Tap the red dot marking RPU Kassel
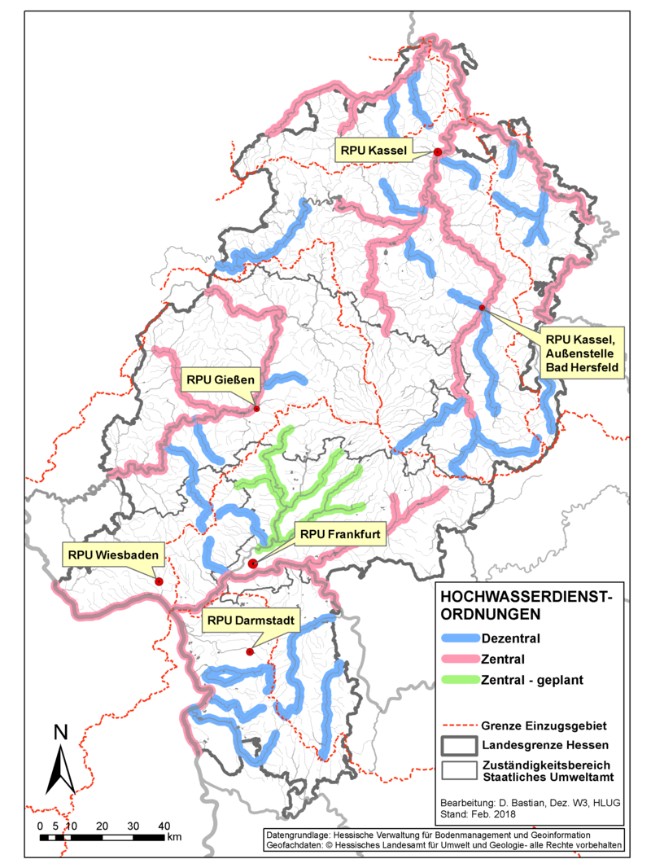[437, 152]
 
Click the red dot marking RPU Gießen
[256, 409]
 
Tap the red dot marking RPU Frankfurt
[252, 563]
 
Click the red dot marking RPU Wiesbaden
[159, 581]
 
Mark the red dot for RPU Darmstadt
[250, 651]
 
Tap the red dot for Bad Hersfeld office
[482, 308]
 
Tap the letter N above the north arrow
[60, 732]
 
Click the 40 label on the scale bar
[163, 826]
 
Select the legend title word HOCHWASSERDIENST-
[520, 594]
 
